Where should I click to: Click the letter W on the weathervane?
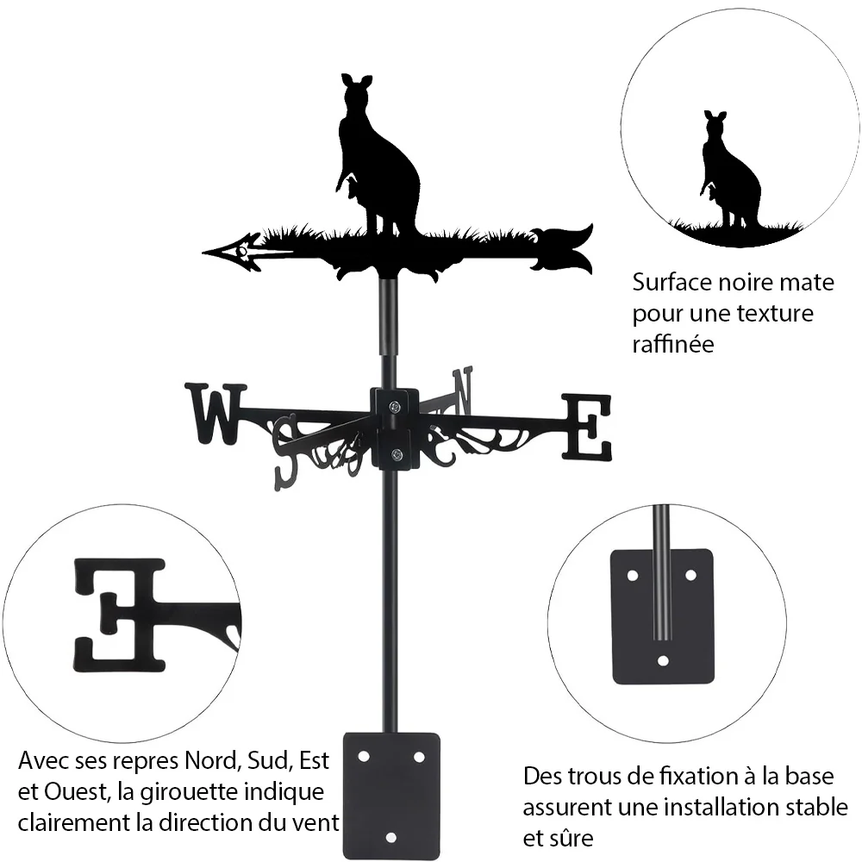tap(215, 414)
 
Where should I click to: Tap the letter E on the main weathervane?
tap(586, 427)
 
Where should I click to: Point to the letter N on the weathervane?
tap(462, 390)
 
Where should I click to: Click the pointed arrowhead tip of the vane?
tap(203, 253)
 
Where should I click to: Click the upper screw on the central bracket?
tap(394, 408)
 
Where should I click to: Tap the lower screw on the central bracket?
tap(396, 454)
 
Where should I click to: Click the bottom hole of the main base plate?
tap(391, 838)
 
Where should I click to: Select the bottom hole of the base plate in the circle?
tap(663, 660)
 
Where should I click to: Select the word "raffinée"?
tap(673, 344)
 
